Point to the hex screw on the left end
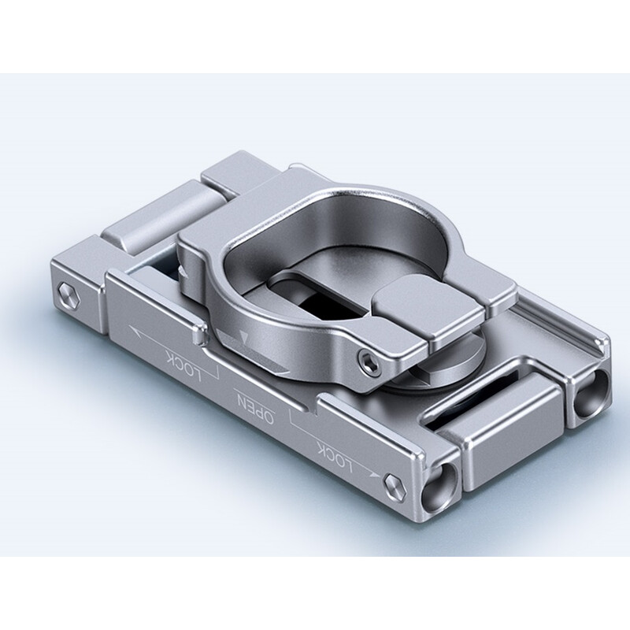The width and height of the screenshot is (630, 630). click(69, 295)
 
